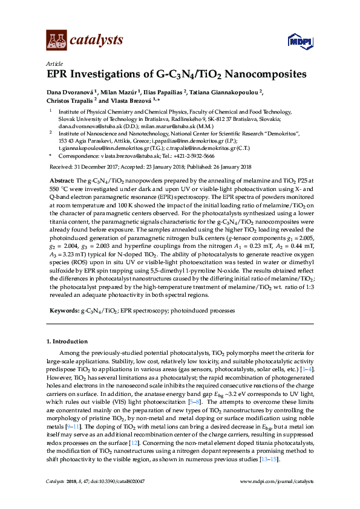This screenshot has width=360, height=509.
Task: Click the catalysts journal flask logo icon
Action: click(x=56, y=41)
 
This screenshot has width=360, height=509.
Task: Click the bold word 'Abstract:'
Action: click(x=59, y=181)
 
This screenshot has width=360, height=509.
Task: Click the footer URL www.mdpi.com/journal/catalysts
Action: click(x=277, y=499)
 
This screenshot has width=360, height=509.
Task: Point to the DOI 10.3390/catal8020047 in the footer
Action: click(x=118, y=499)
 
